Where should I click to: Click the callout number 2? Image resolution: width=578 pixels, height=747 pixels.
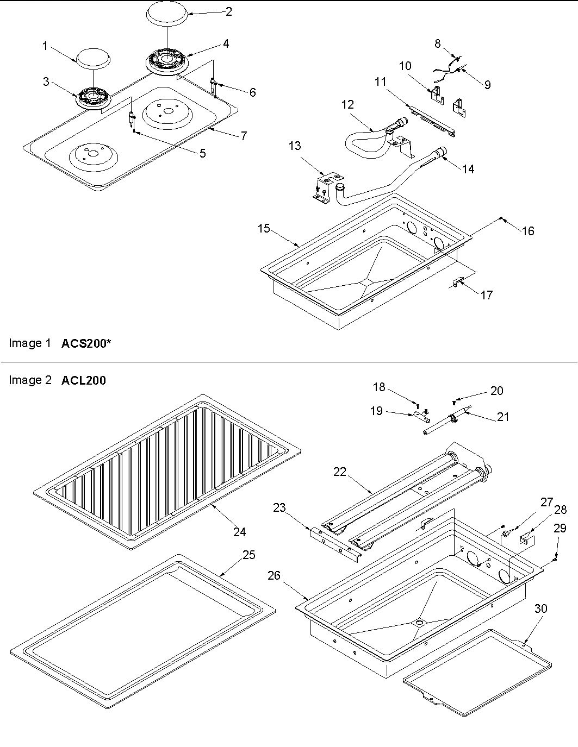pos(229,11)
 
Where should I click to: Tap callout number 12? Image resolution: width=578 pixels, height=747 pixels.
pos(348,105)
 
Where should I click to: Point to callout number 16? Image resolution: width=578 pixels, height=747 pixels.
pos(528,231)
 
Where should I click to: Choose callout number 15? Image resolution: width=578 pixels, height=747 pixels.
pos(264,229)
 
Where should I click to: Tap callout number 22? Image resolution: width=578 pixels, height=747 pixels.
pos(340,472)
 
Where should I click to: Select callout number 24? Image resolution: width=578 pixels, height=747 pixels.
pos(240,532)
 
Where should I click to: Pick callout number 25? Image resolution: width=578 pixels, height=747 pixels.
pos(248,556)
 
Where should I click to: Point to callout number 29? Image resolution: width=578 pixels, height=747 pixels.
pos(560,528)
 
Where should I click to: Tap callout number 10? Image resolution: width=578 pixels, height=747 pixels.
pos(405,66)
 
